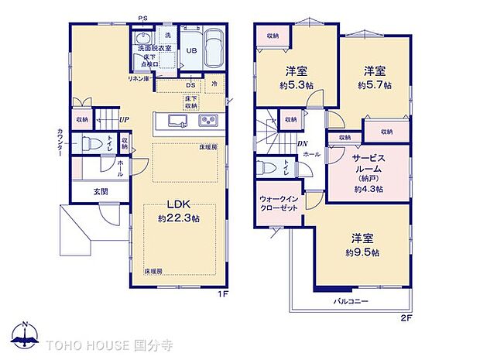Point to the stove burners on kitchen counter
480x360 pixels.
pyautogui.click(x=208, y=121)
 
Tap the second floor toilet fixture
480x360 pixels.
pyautogui.click(x=266, y=168)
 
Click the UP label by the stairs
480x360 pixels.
pyautogui.click(x=123, y=119)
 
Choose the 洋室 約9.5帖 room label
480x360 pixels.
pyautogui.click(x=362, y=245)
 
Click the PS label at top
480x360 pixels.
pyautogui.click(x=142, y=19)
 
